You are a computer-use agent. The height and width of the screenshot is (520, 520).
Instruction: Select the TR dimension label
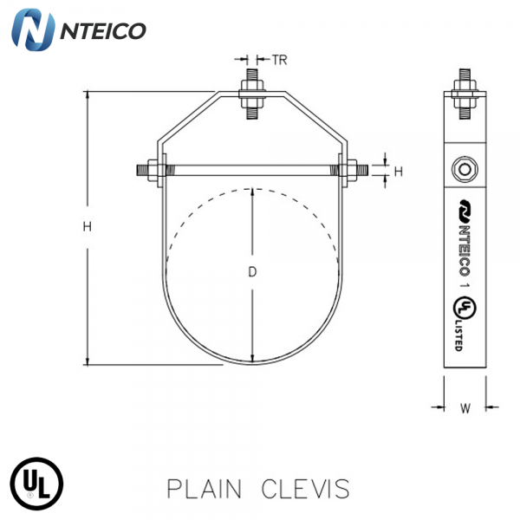point(279,61)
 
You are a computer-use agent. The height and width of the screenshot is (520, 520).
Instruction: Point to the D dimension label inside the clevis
point(252,271)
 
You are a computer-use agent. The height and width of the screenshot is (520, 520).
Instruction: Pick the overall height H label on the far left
point(87,227)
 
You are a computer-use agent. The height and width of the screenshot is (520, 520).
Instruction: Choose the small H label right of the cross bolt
point(398,172)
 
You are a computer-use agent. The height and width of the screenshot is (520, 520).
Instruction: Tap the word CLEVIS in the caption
point(306,489)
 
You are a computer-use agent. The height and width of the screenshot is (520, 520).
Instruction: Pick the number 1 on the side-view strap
point(465,283)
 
